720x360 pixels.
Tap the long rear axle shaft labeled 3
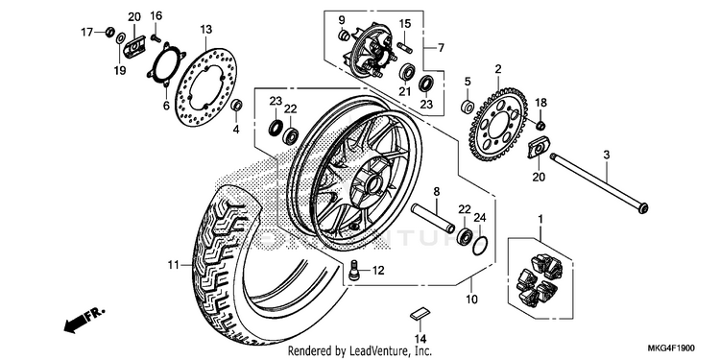click(598, 182)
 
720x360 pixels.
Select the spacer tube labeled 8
click(433, 218)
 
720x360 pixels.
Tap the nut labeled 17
click(109, 32)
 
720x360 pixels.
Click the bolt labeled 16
click(156, 37)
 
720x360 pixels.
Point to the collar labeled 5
click(467, 107)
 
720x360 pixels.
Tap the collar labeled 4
click(237, 105)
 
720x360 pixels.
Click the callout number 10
click(471, 300)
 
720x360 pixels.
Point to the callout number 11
click(173, 265)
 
